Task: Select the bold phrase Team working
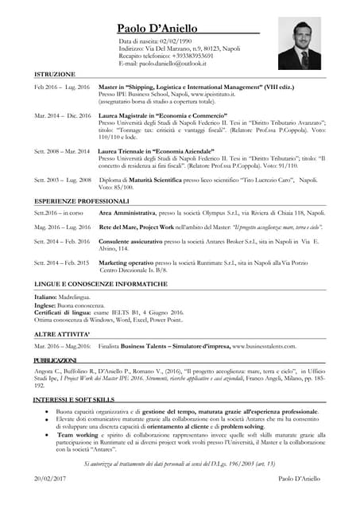[x=77, y=436]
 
